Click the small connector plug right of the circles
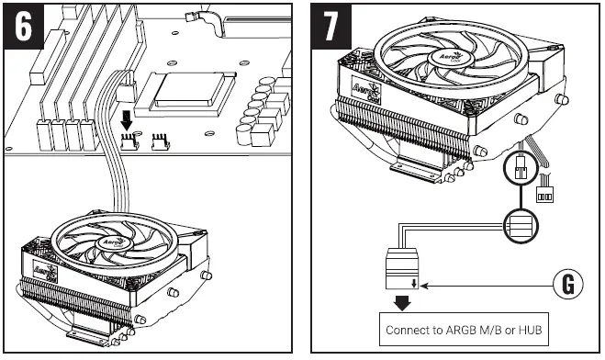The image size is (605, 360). click(x=545, y=195)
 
